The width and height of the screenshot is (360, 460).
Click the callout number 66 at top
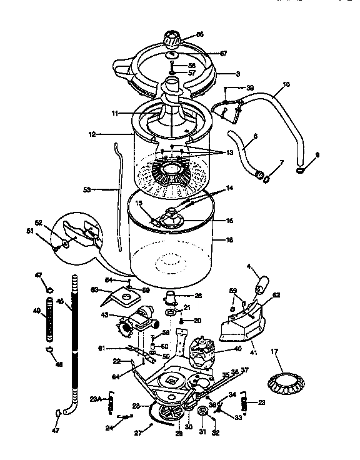(200, 36)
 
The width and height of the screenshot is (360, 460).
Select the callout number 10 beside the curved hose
(286, 83)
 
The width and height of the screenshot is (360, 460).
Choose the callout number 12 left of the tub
(91, 134)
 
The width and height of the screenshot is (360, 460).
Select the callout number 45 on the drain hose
(61, 301)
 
